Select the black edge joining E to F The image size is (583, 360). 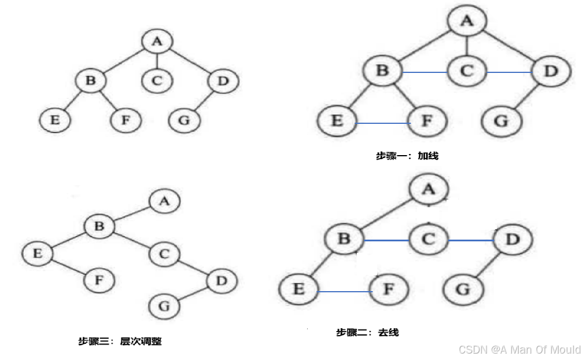coord(66,267)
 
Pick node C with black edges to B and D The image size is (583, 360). coord(164,254)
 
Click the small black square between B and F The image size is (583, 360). coord(367,265)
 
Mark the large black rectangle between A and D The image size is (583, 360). coord(471,214)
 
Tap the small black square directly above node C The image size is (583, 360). coord(427,214)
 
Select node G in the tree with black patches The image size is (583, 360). coord(462,289)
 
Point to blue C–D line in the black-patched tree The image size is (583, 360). coord(470,240)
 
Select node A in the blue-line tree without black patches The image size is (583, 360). coord(466,21)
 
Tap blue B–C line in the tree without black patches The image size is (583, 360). coord(425,72)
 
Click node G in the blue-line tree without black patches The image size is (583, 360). coord(501,122)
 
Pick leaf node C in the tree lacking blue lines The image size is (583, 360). coord(156,80)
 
